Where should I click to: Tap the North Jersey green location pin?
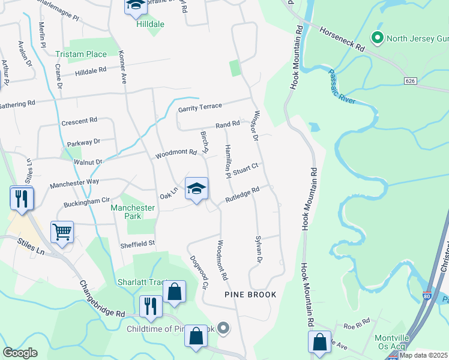(378, 39)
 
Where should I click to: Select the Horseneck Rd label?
(342, 38)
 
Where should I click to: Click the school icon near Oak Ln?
(196, 189)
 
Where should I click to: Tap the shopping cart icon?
(62, 232)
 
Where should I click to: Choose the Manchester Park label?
(133, 212)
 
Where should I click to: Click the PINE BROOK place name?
(250, 295)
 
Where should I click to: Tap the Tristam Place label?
(81, 54)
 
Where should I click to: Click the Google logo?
(20, 353)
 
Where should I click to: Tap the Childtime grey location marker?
(223, 328)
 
